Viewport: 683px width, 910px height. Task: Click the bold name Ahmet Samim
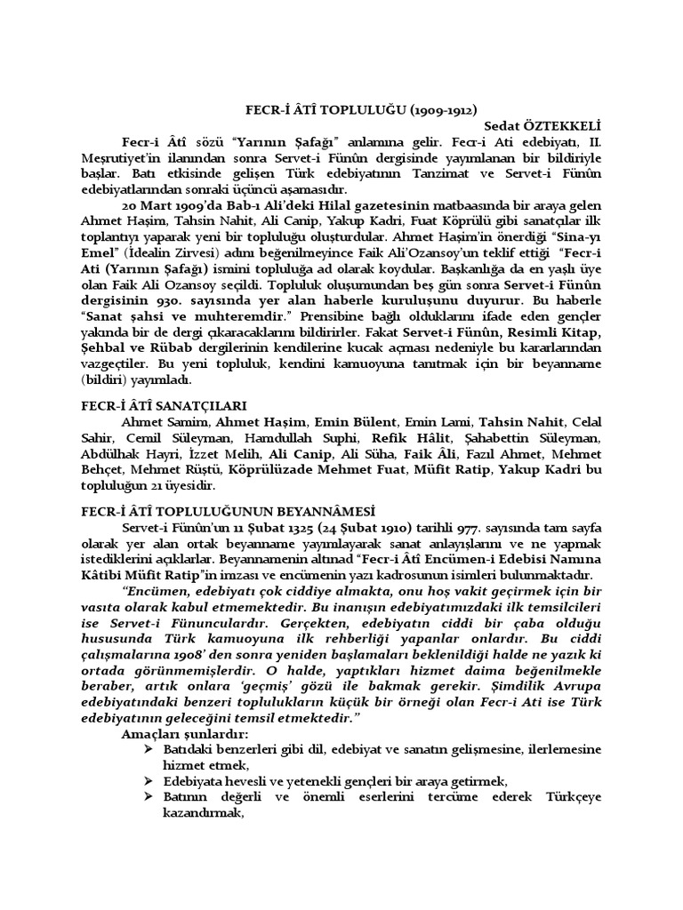pyautogui.click(x=157, y=420)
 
